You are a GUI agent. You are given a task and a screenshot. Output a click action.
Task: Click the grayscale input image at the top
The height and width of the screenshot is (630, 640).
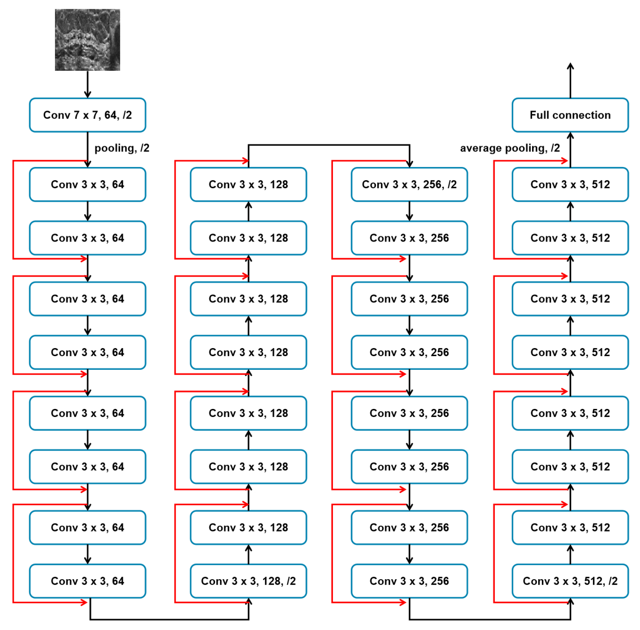pyautogui.click(x=87, y=40)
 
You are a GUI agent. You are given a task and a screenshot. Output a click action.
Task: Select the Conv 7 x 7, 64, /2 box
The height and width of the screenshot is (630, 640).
pyautogui.click(x=87, y=115)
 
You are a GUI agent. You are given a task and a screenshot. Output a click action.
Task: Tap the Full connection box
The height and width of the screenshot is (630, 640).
pyautogui.click(x=570, y=115)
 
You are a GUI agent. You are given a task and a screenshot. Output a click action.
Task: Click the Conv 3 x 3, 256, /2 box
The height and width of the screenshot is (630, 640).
pyautogui.click(x=409, y=185)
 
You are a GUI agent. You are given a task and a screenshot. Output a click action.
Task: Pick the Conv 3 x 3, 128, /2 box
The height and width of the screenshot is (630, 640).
pyautogui.click(x=248, y=581)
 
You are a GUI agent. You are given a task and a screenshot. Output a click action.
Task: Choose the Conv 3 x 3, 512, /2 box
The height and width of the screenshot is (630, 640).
pyautogui.click(x=570, y=581)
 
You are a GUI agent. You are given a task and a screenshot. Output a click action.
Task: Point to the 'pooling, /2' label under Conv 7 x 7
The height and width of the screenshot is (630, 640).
pyautogui.click(x=122, y=148)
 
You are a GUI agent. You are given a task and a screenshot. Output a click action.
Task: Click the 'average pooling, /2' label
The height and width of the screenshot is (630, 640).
pyautogui.click(x=510, y=148)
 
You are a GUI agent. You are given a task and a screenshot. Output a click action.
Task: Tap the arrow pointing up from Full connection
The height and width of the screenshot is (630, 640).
pyautogui.click(x=570, y=80)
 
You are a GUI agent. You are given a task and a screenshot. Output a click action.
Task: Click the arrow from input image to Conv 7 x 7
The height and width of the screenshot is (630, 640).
pyautogui.click(x=87, y=84)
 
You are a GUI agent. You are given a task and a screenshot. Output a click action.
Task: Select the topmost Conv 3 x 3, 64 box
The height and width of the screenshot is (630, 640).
pyautogui.click(x=87, y=185)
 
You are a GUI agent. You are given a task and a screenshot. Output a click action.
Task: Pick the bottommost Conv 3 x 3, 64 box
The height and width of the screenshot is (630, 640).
pyautogui.click(x=87, y=581)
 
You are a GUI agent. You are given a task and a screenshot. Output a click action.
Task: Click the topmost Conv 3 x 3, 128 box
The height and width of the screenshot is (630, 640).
pyautogui.click(x=248, y=185)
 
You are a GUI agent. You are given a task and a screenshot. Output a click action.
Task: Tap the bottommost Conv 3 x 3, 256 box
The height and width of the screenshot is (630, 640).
pyautogui.click(x=409, y=581)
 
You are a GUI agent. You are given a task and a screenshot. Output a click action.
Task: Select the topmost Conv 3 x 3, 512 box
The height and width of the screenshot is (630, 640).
pyautogui.click(x=570, y=185)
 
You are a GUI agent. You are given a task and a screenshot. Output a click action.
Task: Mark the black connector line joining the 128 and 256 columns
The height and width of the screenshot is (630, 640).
pyautogui.click(x=329, y=145)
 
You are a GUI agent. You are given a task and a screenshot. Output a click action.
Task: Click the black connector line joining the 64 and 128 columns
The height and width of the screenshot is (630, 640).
pyautogui.click(x=169, y=619)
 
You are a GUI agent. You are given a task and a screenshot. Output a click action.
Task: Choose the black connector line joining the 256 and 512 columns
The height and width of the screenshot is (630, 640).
pyautogui.click(x=490, y=619)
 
